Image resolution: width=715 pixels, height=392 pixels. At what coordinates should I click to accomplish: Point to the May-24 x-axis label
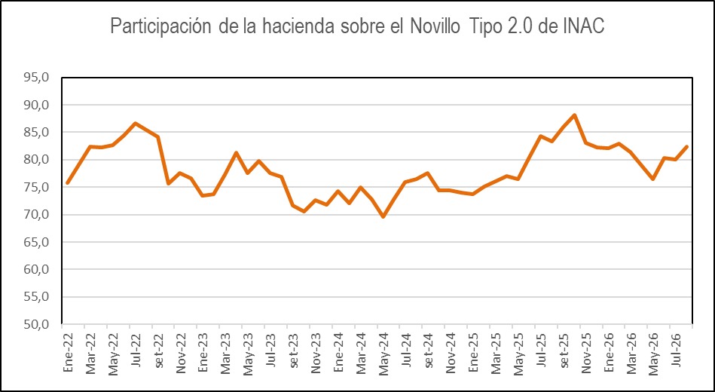[x=383, y=350]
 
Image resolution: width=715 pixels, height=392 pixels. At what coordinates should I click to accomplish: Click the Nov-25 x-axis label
[x=585, y=350]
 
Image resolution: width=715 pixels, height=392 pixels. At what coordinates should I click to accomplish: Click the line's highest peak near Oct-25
[x=575, y=115]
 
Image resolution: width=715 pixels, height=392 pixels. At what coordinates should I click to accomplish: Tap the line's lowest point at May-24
[x=383, y=217]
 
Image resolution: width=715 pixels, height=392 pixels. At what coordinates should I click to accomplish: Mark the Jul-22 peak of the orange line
[x=136, y=123]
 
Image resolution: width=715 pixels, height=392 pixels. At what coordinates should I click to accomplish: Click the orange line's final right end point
[x=686, y=146]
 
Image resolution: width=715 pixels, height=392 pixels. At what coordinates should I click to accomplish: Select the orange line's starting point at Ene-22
[x=68, y=183]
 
